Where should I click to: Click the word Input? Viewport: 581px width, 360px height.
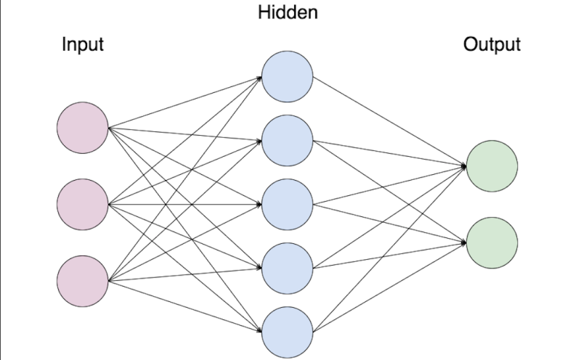point(83,44)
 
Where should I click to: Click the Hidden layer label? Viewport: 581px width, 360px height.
point(288,13)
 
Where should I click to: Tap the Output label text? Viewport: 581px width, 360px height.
point(492,44)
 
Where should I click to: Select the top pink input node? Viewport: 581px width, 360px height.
point(83,128)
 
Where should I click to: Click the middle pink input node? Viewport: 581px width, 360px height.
point(83,204)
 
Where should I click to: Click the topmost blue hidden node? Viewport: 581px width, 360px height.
point(288,77)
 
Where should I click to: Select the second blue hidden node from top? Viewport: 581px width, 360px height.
point(288,141)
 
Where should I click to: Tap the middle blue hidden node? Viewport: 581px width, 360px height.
point(288,204)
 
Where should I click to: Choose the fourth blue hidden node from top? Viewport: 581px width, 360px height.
point(288,267)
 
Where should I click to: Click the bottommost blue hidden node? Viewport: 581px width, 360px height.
point(288,331)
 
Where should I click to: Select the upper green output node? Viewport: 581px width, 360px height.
point(492,166)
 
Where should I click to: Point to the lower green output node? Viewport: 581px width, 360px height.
point(492,242)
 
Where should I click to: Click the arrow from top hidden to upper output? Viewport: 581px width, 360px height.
point(389,121)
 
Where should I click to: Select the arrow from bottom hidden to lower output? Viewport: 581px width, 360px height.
point(389,287)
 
